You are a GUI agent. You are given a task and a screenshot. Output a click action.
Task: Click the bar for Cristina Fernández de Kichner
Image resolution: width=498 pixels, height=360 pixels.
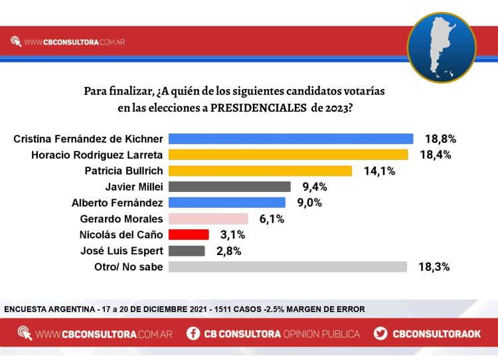point(291,139)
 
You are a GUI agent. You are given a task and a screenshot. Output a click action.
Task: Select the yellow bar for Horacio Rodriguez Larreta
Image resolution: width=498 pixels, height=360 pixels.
point(288,155)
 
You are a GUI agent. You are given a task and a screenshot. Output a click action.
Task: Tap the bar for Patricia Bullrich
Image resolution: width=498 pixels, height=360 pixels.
point(260,171)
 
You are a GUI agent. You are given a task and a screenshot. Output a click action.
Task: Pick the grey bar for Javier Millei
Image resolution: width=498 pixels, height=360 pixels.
point(230,187)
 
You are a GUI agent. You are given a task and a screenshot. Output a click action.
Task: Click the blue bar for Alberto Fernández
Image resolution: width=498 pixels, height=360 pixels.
point(227,203)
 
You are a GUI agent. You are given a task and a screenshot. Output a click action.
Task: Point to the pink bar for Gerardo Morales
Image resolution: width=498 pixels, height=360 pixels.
point(208,219)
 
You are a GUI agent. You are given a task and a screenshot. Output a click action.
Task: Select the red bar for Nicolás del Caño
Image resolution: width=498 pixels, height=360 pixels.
point(189,234)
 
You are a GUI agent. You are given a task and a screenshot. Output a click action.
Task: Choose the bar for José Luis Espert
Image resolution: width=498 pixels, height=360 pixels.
point(187,250)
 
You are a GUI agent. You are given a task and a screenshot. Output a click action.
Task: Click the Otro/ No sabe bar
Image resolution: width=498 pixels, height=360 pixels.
point(288,266)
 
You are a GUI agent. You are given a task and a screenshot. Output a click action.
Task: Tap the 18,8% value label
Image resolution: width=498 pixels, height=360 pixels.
point(440,139)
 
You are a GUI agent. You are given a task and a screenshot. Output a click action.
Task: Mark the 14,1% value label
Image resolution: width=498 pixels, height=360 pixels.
point(378,171)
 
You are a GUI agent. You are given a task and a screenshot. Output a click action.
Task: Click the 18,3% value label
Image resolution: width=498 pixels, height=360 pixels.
point(434,266)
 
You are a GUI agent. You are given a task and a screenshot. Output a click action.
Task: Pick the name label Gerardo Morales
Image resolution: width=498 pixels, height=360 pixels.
point(122,219)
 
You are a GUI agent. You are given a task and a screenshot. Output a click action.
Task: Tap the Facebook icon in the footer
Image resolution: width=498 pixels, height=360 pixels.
point(193,333)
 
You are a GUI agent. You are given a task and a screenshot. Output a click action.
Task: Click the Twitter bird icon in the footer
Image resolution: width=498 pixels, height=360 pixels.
point(380,333)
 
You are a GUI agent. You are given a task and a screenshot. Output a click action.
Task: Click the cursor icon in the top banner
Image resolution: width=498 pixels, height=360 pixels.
point(16,42)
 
